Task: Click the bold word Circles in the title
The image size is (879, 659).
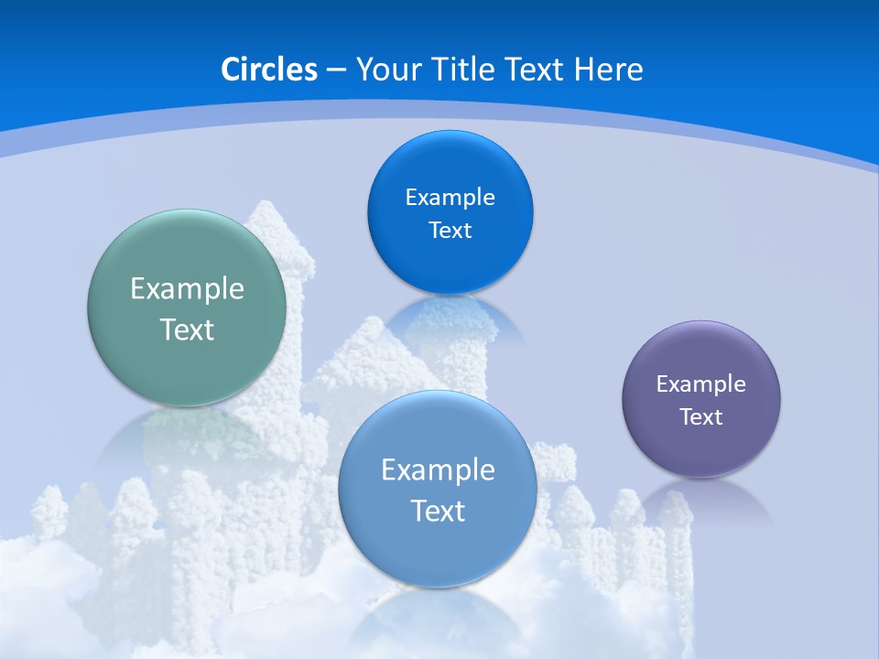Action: [x=269, y=70]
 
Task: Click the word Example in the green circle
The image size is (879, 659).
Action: [x=187, y=289]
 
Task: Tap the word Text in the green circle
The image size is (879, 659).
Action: [x=187, y=329]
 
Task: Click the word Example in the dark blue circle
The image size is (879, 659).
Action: [x=450, y=198]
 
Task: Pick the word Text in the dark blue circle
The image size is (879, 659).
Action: [x=450, y=231]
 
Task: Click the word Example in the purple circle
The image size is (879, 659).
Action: [x=701, y=384]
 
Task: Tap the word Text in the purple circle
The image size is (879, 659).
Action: [x=701, y=417]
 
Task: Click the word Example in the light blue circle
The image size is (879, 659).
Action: [x=438, y=470]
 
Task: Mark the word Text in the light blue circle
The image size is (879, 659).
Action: [x=438, y=511]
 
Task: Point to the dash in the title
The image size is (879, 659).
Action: [x=335, y=70]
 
